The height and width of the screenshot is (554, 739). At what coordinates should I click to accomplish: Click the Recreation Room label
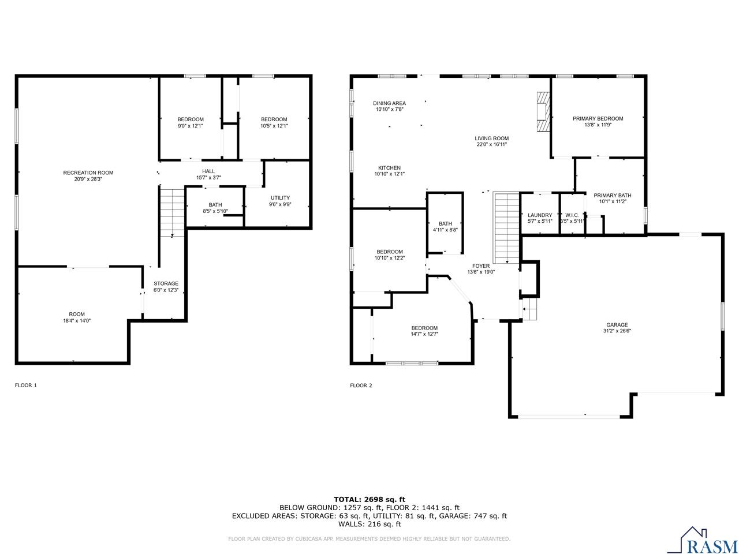click(88, 173)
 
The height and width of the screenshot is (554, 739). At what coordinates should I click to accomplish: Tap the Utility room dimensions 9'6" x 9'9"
click(279, 204)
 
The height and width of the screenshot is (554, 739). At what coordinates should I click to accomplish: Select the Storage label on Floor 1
click(166, 283)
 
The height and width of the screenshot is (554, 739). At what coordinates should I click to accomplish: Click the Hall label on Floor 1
click(208, 171)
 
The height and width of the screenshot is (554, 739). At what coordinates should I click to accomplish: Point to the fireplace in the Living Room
click(543, 113)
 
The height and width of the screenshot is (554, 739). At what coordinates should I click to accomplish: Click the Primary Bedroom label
click(598, 118)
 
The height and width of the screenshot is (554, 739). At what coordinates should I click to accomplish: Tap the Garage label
click(617, 324)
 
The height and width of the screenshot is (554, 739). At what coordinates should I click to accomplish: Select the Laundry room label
click(540, 215)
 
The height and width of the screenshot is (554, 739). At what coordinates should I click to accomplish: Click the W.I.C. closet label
click(572, 215)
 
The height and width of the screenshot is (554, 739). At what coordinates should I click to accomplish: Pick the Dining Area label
click(389, 103)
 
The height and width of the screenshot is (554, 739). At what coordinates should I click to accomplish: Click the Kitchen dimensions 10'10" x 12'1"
click(389, 174)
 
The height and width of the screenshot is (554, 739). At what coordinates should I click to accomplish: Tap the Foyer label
click(480, 266)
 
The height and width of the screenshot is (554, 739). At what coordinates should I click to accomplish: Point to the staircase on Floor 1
click(171, 211)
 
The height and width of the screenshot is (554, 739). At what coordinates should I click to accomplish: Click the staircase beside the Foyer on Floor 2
click(507, 228)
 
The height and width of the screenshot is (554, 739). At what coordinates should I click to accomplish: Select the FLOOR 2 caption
click(361, 385)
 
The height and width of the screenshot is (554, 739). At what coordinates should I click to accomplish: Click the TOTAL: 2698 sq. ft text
click(369, 499)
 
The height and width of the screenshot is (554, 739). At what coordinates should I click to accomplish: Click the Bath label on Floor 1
click(215, 205)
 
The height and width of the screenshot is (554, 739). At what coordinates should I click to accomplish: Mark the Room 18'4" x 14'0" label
click(77, 315)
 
